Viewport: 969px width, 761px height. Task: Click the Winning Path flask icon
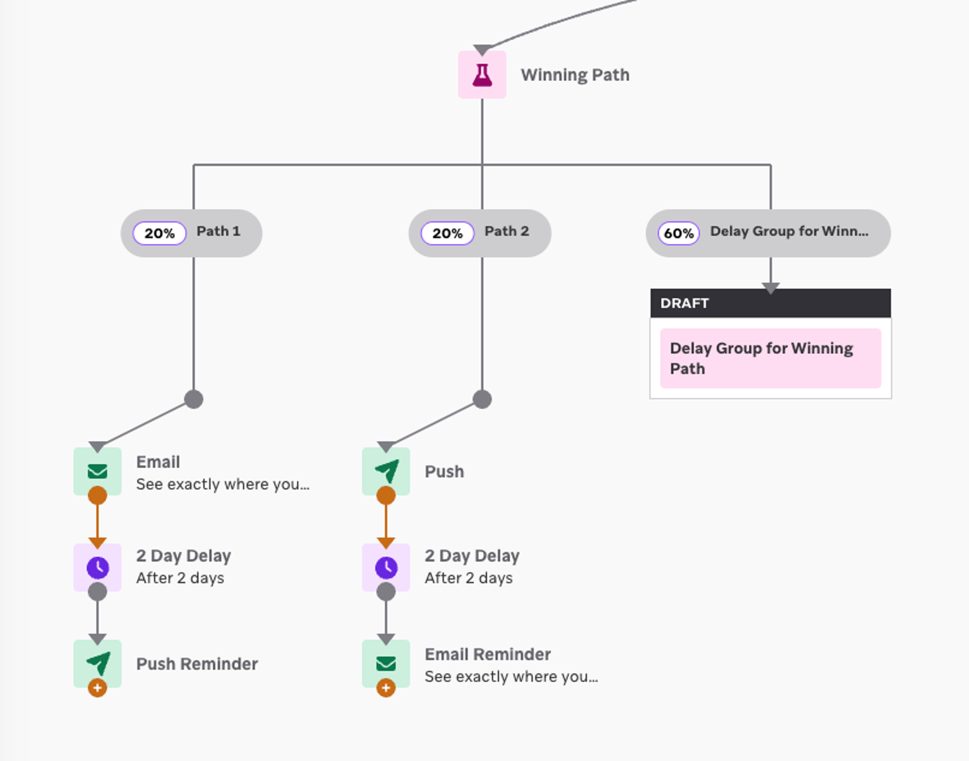(482, 75)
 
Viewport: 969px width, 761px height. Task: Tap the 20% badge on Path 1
(159, 233)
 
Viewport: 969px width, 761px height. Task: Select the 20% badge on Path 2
(447, 233)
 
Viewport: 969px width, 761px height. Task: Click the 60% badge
(679, 233)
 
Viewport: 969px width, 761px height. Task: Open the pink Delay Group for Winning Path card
(770, 358)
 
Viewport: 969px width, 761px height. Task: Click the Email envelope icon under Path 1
(98, 471)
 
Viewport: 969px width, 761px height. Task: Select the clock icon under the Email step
(98, 567)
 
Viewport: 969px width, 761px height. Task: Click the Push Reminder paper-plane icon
(98, 663)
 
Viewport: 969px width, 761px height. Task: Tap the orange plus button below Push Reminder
(98, 688)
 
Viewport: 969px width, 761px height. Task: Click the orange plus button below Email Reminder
(386, 688)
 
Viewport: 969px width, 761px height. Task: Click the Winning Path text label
(575, 75)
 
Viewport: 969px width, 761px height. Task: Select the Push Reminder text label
(197, 664)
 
